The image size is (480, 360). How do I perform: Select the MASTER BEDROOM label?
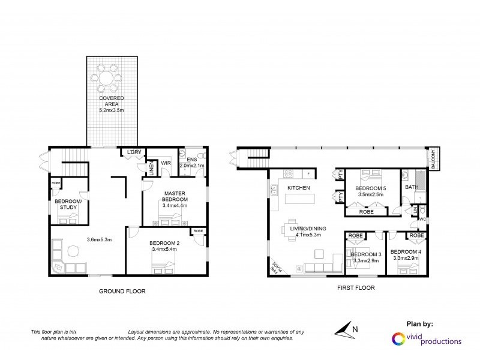(175, 196)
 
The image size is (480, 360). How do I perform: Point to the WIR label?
(166, 163)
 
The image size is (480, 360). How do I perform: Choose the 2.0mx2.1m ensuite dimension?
(192, 165)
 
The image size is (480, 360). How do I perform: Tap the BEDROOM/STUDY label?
(68, 205)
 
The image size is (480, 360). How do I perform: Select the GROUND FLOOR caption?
(122, 291)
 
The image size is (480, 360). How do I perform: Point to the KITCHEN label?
(298, 188)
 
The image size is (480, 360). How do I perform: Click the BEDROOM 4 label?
(406, 251)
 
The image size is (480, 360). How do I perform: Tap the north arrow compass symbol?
(343, 328)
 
